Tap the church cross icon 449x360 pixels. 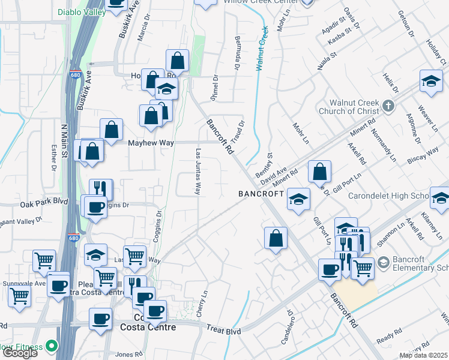(x=388, y=107)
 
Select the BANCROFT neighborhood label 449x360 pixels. (x=261, y=194)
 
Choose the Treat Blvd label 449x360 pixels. (x=223, y=331)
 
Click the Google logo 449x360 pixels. (x=20, y=353)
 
